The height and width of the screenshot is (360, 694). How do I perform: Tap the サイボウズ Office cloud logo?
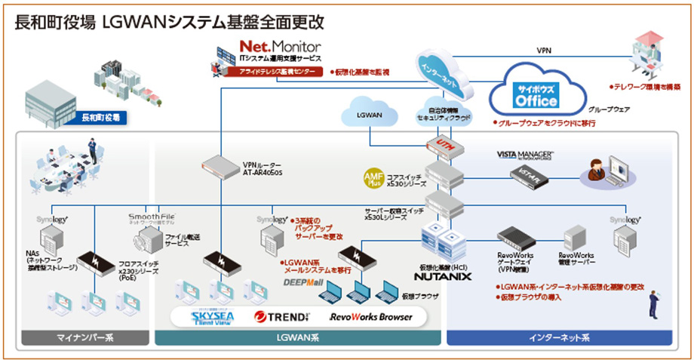pos(536,96)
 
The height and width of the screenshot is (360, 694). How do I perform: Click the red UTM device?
pos(442,143)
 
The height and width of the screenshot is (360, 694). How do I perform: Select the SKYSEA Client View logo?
pos(203,318)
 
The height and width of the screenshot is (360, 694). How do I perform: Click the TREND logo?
pos(282,317)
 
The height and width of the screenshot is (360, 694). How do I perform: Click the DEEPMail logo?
pos(303,282)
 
